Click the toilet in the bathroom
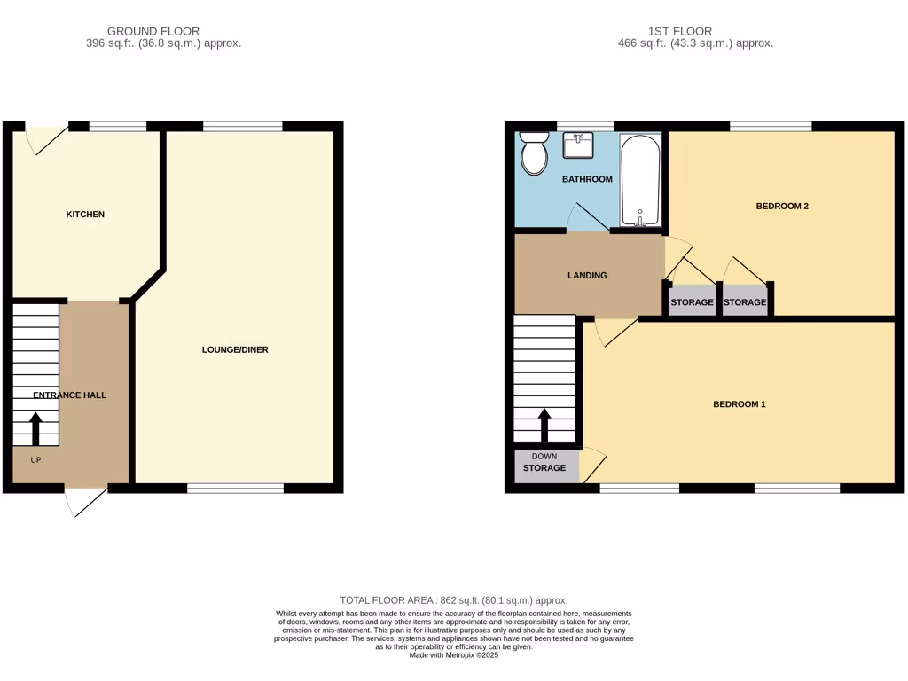click(x=534, y=154)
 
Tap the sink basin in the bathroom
click(x=578, y=145)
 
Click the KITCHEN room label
click(x=85, y=215)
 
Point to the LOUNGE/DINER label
click(x=235, y=350)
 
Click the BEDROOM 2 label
click(x=781, y=207)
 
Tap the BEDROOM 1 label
click(x=739, y=404)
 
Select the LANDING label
click(x=587, y=276)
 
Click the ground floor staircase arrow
click(x=36, y=428)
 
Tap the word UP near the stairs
click(x=36, y=460)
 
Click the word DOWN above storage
click(x=544, y=457)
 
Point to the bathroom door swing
click(x=587, y=218)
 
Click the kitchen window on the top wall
click(x=117, y=127)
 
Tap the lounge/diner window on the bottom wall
click(x=235, y=488)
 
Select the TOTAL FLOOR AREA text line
click(x=454, y=600)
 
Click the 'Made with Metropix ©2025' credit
click(x=454, y=654)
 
